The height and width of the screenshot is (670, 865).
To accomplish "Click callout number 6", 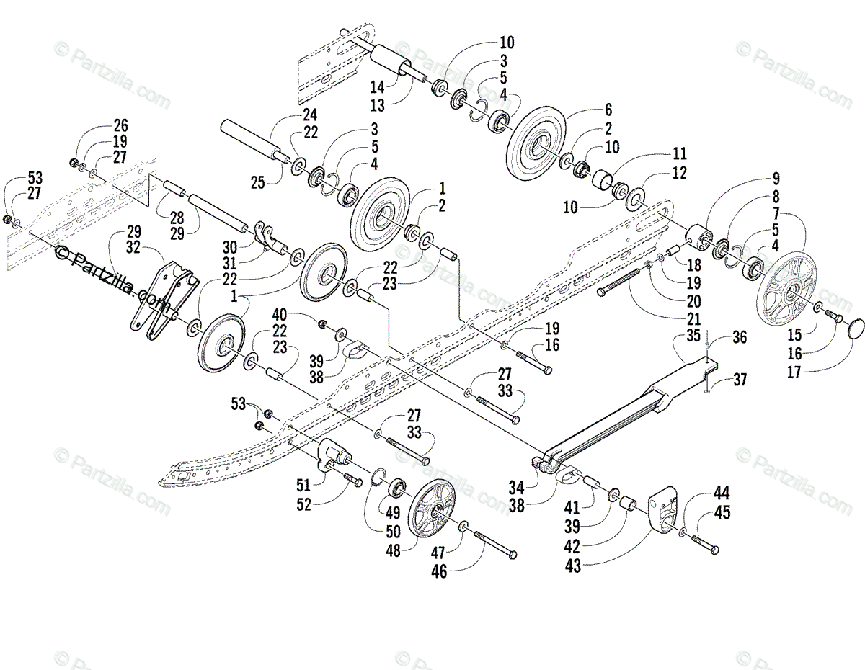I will (x=607, y=110).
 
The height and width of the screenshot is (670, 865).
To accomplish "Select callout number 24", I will (x=310, y=115).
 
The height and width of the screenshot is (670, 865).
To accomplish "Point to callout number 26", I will (x=120, y=125).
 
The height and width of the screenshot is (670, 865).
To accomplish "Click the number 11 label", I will (x=679, y=153).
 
